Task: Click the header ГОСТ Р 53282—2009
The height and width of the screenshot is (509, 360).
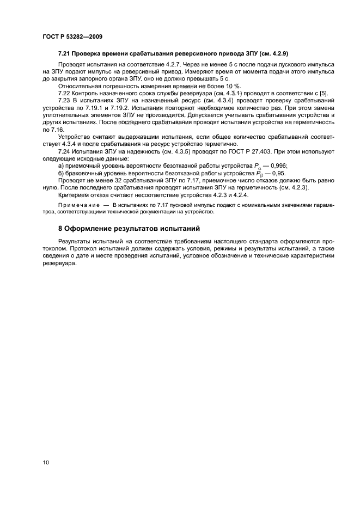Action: (72, 37)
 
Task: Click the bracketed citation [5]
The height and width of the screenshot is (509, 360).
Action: (322, 94)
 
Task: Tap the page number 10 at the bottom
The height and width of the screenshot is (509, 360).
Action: (46, 462)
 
